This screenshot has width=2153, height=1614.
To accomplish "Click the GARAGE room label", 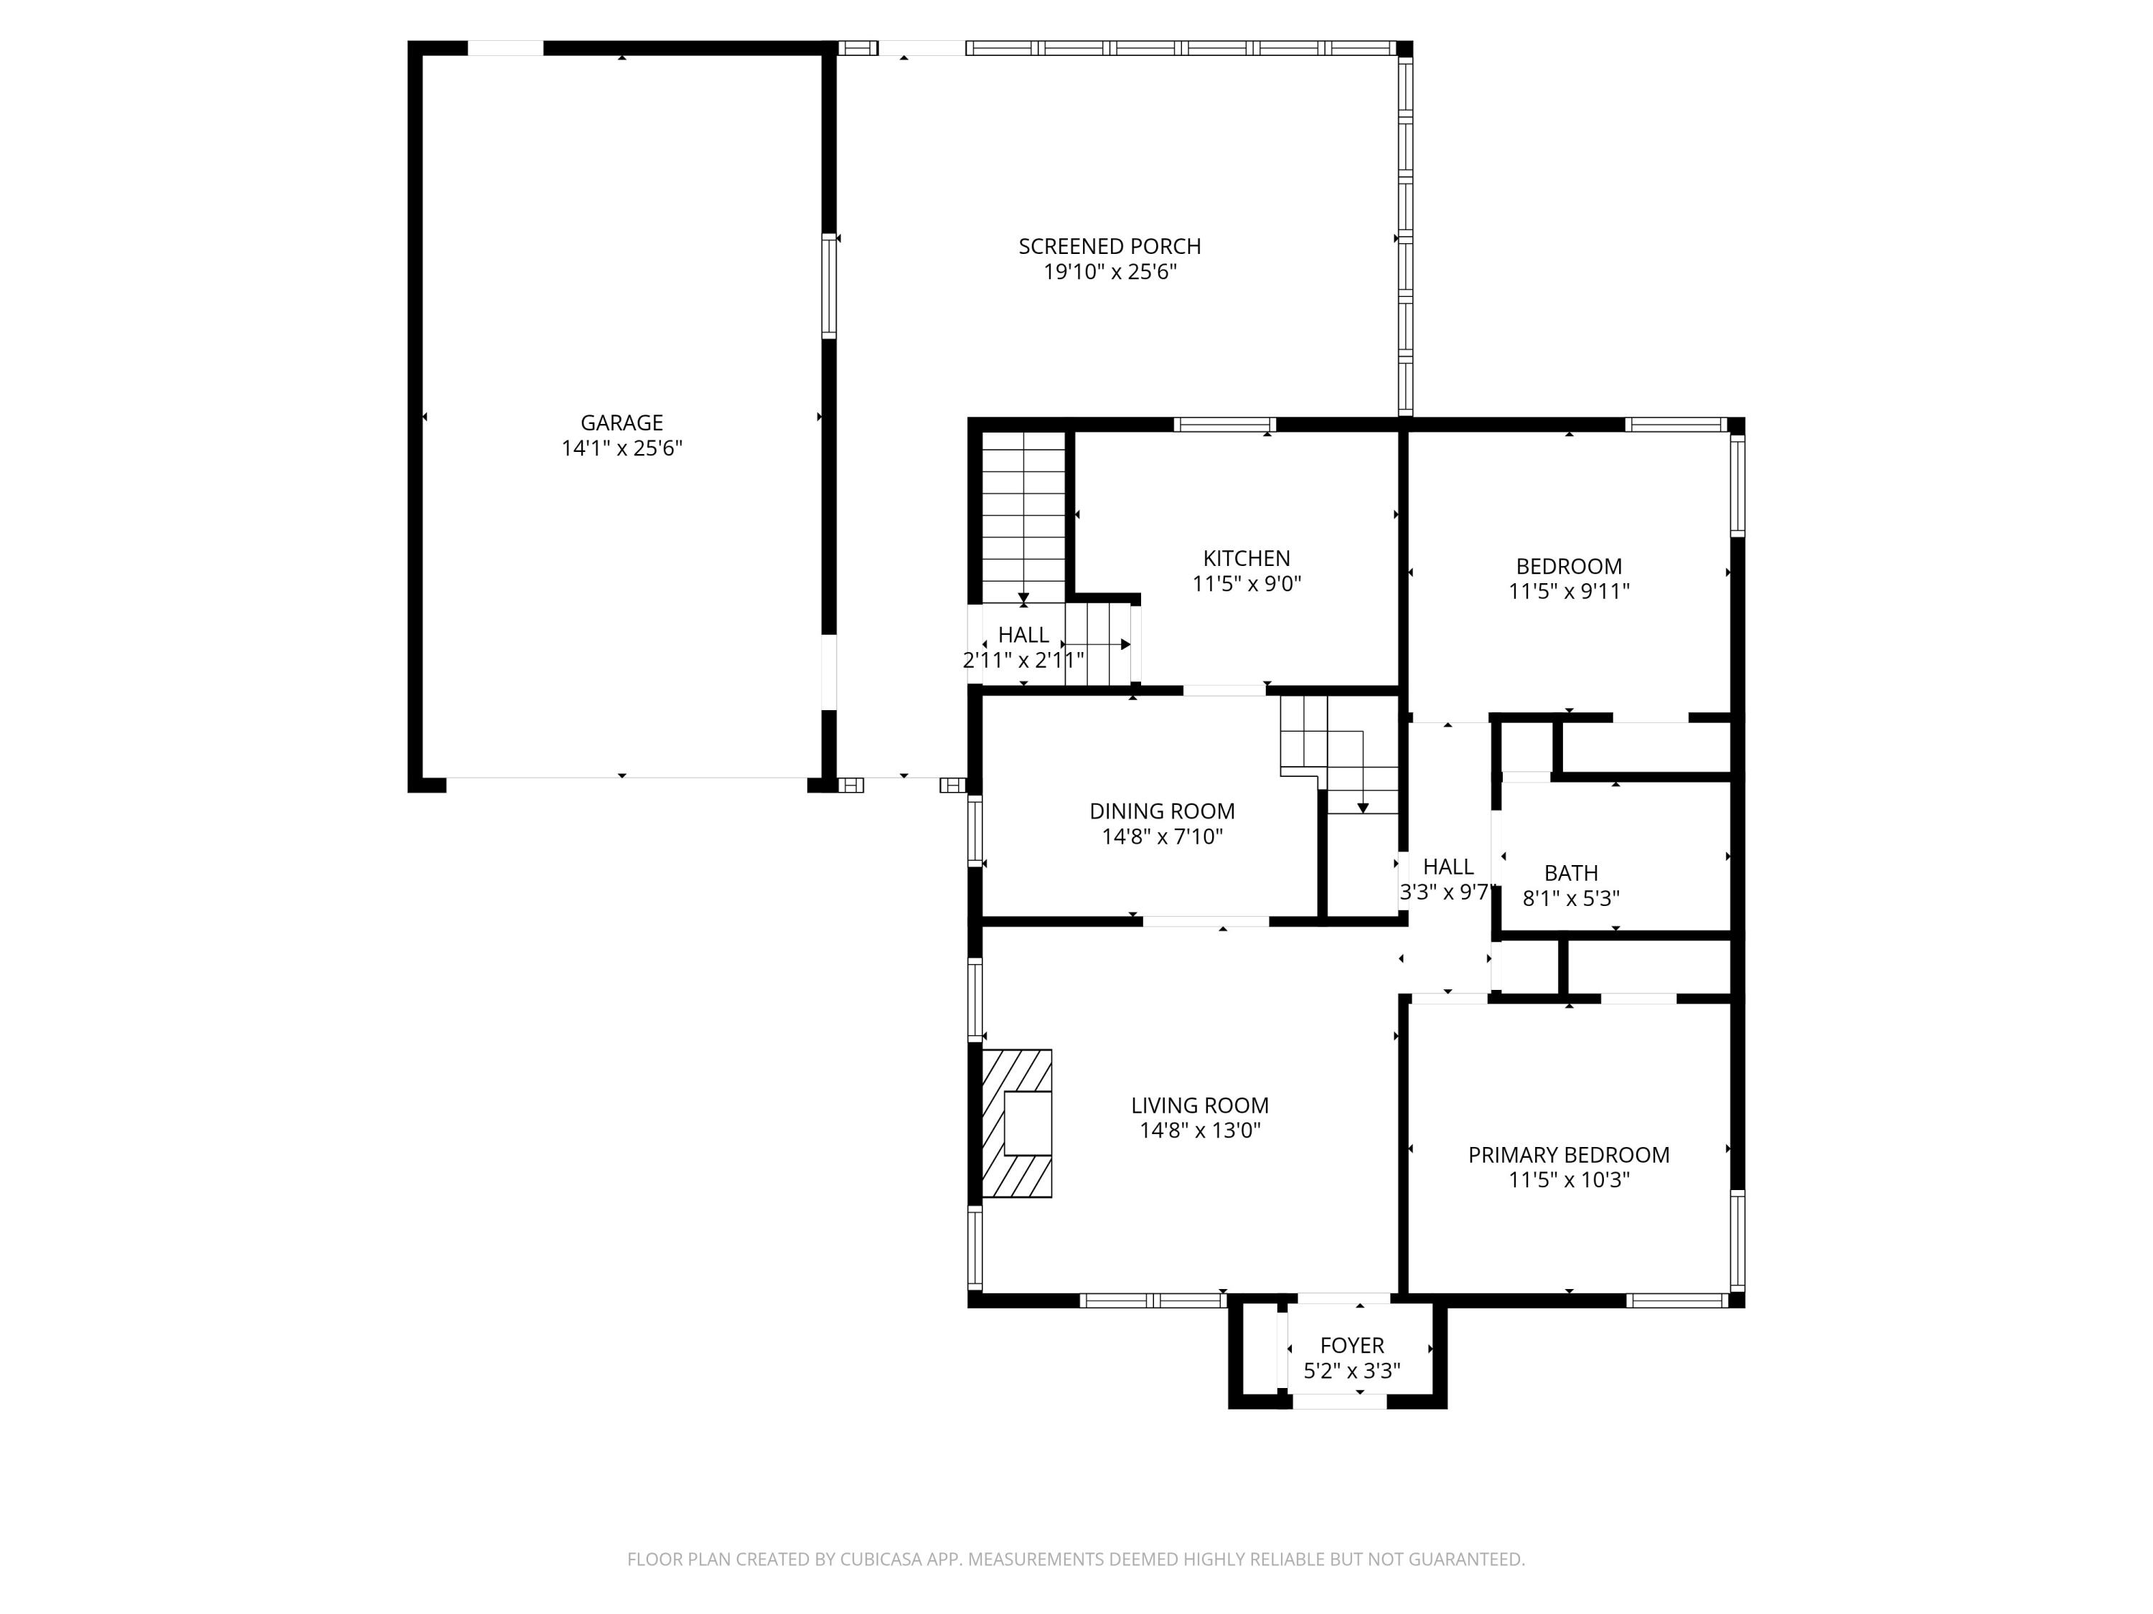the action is [x=622, y=423].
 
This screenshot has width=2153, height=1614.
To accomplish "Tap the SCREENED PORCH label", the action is [x=1110, y=247].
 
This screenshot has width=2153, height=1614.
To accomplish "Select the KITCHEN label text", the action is [x=1247, y=558].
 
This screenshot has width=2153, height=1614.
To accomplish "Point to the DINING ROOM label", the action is [x=1162, y=811].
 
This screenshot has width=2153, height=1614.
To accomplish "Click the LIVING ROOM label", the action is [x=1200, y=1105].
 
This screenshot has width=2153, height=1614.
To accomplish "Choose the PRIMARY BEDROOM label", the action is [x=1569, y=1155].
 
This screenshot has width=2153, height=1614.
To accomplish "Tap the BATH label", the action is [x=1571, y=874].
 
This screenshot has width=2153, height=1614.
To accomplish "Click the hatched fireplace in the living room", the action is [x=1016, y=1123].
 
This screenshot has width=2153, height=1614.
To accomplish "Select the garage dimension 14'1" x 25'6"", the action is [x=622, y=448].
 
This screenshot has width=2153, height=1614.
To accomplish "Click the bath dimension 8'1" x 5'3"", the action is [x=1571, y=899].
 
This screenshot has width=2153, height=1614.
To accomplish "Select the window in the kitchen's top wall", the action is [x=1224, y=424].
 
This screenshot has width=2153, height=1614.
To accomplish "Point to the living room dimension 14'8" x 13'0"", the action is [x=1200, y=1131].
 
